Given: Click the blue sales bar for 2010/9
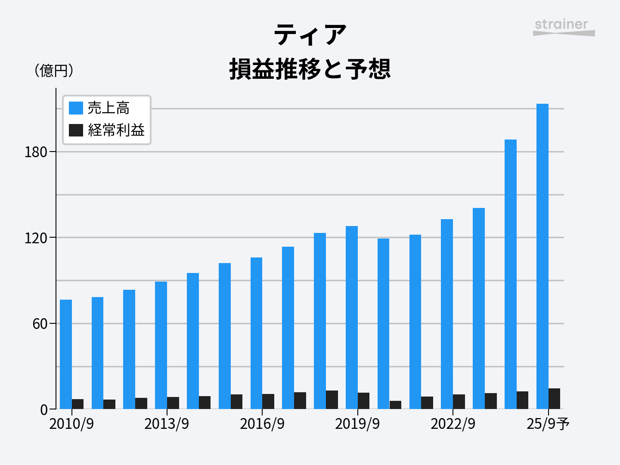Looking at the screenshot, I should pos(66,354).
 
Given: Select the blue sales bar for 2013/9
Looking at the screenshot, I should pos(161,345).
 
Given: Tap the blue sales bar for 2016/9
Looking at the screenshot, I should pos(256,333).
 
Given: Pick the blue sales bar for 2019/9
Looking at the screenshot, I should pos(352,317).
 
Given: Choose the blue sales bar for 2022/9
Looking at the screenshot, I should pos(447,314).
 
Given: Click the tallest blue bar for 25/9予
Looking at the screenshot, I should pos(542,256).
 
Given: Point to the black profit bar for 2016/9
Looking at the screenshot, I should pos(268,401).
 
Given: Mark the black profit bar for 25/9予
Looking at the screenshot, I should pos(555,399).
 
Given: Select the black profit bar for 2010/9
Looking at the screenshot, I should pos(78,404).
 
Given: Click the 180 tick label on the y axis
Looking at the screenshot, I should pos(36,152).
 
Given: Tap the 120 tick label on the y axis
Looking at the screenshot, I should pos(36,238).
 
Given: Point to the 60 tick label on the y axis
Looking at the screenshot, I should pos(40,324).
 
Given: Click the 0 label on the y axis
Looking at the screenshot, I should pos(44,410).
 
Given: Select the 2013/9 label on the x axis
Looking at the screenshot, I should pos(167,424).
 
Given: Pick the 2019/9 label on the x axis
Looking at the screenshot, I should pos(357,424).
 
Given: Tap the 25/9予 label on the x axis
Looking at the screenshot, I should pos(548,424).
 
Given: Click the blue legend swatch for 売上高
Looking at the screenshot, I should pos(76,108).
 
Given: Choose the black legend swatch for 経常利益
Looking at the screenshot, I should pos(76,130).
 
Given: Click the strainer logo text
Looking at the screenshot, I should pos(561,25).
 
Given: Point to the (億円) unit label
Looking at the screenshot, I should pos(54,70).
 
